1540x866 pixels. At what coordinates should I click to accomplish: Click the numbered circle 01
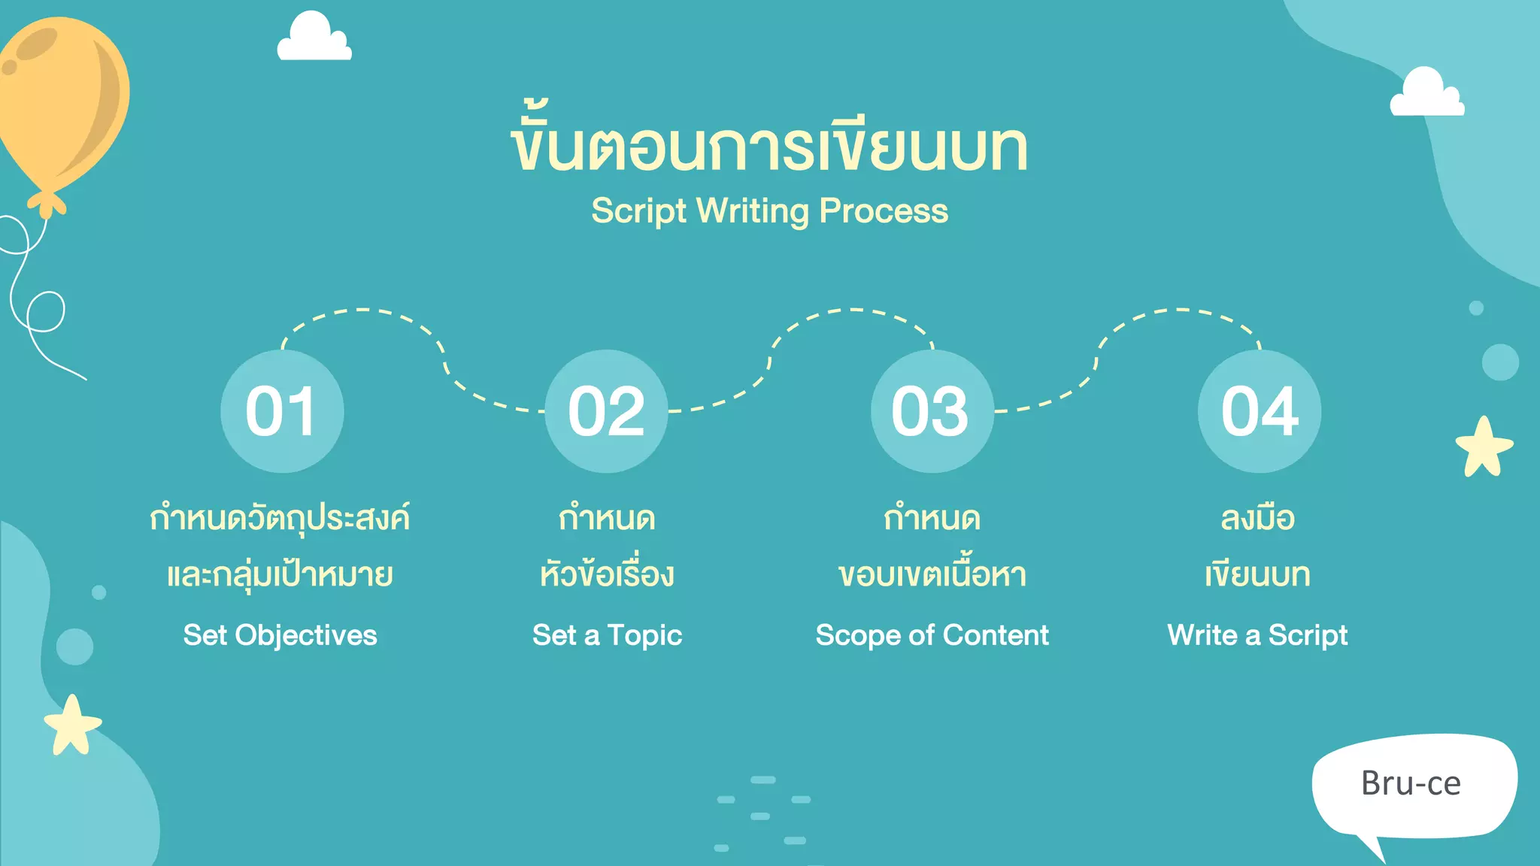click(282, 411)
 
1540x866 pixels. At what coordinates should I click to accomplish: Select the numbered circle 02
click(606, 411)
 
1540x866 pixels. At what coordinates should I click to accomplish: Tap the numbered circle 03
click(932, 411)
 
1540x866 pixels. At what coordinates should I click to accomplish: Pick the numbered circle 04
click(1260, 411)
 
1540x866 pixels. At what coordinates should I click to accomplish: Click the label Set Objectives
click(280, 635)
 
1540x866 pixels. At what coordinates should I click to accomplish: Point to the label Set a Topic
click(607, 635)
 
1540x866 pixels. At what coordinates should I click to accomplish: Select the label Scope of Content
click(932, 635)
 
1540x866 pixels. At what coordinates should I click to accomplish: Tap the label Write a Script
click(1257, 635)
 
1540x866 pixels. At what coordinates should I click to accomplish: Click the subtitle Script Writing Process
click(769, 211)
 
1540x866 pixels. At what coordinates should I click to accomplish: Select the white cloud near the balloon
click(314, 39)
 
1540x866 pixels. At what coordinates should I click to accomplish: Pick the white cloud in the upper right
click(1426, 95)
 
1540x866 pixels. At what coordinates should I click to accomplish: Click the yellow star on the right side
click(1484, 447)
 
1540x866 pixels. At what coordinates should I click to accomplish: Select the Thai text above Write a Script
click(1257, 547)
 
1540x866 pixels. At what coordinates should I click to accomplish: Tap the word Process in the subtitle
click(884, 211)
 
